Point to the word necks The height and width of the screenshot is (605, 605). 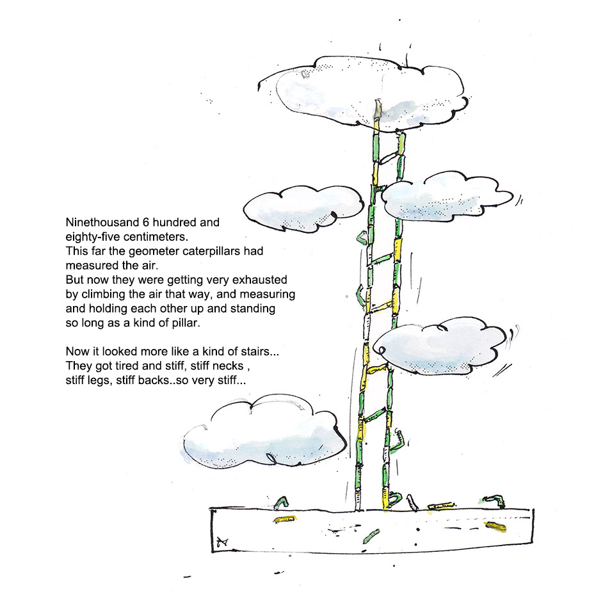(x=229, y=366)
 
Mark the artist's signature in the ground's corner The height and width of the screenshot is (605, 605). (x=223, y=542)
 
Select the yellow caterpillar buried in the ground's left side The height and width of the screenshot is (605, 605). (x=285, y=519)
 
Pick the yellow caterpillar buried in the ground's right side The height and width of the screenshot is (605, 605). (x=495, y=526)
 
